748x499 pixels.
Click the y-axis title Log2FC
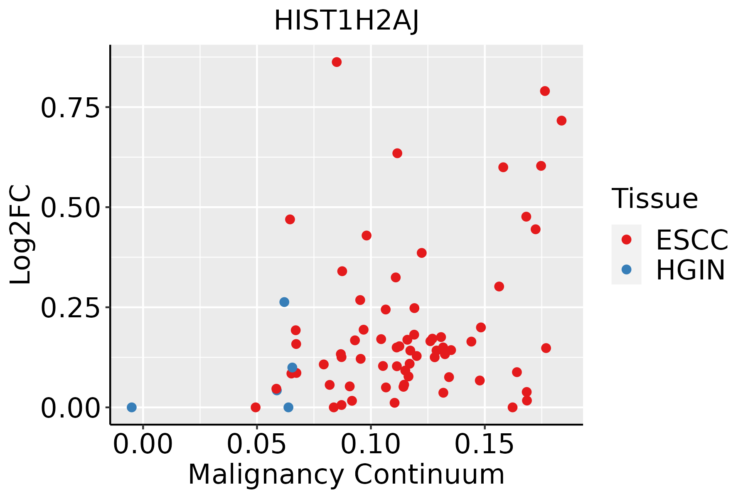21,235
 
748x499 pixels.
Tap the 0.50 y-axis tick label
71,208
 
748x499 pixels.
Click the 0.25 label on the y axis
71,308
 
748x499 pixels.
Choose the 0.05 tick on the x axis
257,445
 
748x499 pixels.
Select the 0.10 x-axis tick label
371,445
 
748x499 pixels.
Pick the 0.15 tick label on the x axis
485,445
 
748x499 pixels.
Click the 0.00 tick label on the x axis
143,445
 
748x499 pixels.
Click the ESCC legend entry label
692,240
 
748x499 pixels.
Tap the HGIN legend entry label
691,270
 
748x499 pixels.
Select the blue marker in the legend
626,269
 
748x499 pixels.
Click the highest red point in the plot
337,62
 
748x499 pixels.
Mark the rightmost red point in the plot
561,121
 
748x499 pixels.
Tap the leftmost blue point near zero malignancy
132,407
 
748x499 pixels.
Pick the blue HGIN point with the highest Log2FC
284,302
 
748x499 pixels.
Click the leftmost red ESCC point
256,407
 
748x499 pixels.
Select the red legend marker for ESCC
626,240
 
